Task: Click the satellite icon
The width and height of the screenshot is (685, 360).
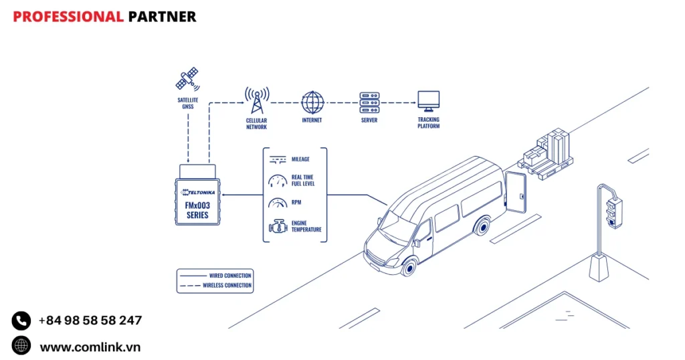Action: pyautogui.click(x=187, y=78)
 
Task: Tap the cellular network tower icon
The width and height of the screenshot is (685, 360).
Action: pyautogui.click(x=256, y=100)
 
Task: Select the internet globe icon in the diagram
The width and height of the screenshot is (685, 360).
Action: pyautogui.click(x=312, y=102)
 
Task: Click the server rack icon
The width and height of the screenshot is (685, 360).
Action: pyautogui.click(x=369, y=102)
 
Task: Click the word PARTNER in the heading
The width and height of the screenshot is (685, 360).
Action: pyautogui.click(x=162, y=17)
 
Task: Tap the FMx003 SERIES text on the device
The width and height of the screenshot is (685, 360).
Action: pyautogui.click(x=198, y=210)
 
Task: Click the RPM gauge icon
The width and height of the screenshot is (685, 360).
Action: pyautogui.click(x=277, y=203)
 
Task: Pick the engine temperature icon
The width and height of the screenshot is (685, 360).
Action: pyautogui.click(x=277, y=226)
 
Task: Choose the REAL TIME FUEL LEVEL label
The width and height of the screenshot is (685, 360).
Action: pyautogui.click(x=303, y=181)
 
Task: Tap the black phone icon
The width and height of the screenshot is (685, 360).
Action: pyautogui.click(x=21, y=321)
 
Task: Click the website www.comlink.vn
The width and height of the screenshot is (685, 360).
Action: pyautogui.click(x=90, y=347)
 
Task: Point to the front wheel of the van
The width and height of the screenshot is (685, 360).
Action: pyautogui.click(x=408, y=266)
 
